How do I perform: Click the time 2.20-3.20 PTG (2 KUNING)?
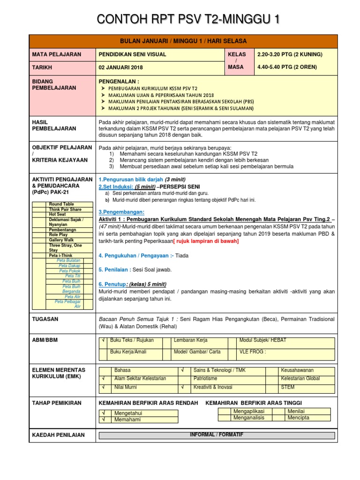[290, 54]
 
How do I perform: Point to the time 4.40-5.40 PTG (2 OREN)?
[287, 67]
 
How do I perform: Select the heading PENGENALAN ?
[116, 81]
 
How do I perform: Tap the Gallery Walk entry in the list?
[61, 240]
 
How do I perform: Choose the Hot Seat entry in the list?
[58, 214]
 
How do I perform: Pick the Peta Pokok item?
[70, 271]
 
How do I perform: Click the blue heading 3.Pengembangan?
[121, 212]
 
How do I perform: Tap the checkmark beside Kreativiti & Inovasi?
[182, 388]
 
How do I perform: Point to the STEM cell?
[287, 388]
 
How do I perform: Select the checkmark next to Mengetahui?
[102, 413]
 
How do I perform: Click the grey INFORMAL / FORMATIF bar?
[216, 435]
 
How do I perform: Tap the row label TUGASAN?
[45, 319]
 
